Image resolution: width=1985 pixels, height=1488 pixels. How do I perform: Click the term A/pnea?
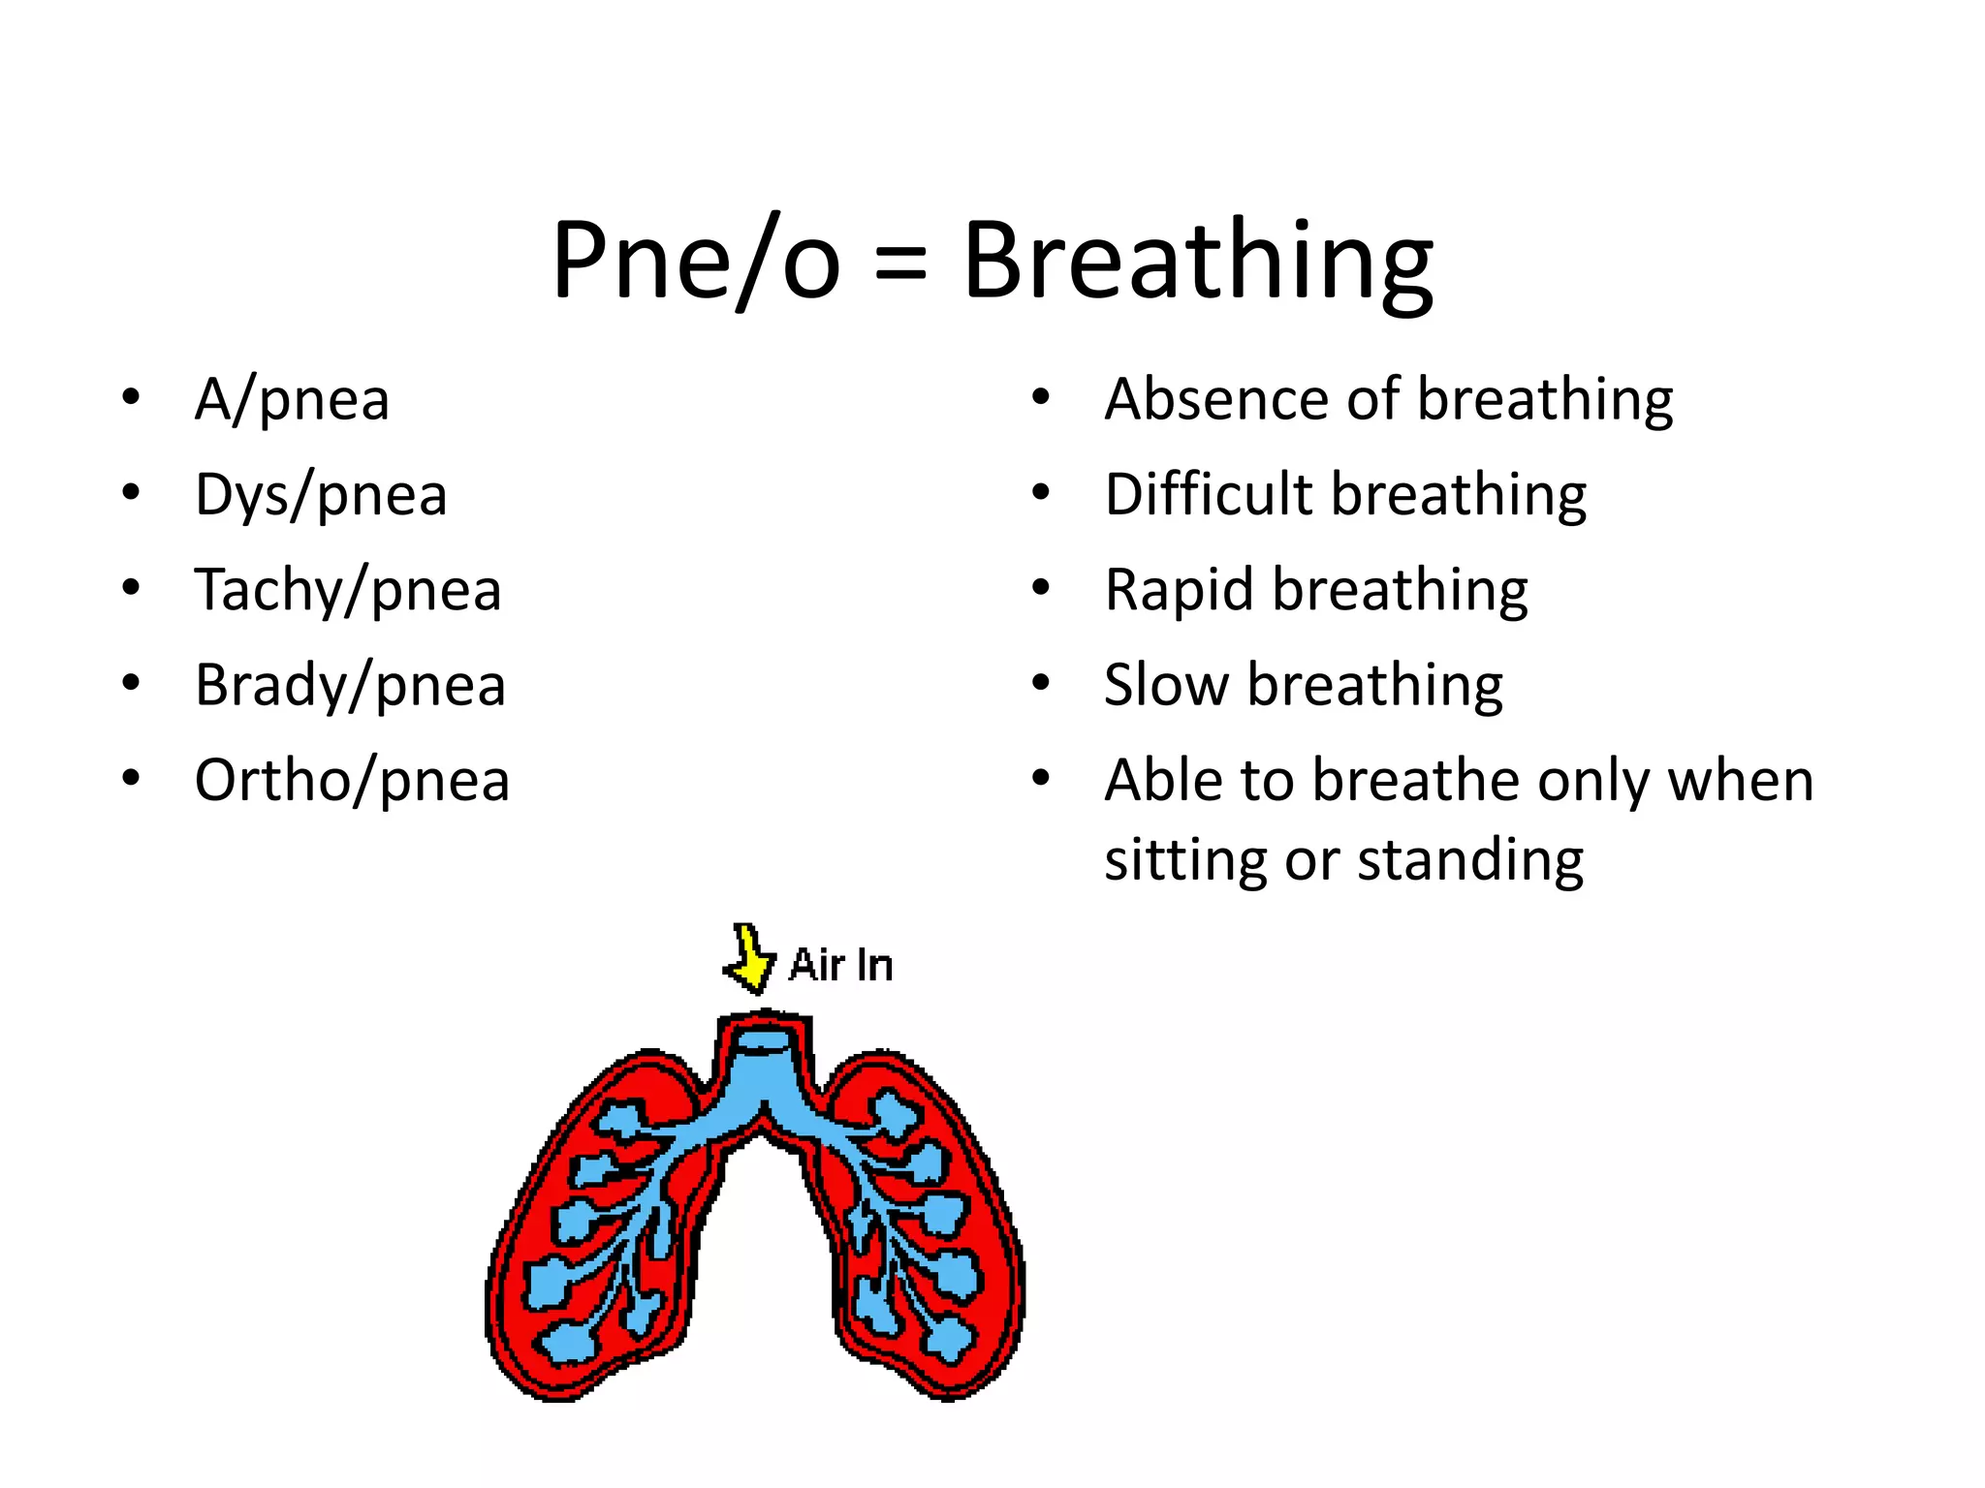point(292,399)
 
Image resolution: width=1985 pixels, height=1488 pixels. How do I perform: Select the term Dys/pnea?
point(321,495)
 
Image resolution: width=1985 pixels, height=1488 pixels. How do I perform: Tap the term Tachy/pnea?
point(348,590)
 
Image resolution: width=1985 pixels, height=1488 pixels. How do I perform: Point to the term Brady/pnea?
point(350,685)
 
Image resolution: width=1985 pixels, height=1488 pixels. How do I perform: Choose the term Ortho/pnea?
point(352,780)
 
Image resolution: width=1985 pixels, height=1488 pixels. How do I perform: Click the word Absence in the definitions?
point(1215,399)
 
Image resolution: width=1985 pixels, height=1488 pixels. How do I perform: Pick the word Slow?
point(1166,685)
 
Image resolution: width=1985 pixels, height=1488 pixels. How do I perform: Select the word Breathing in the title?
point(1197,261)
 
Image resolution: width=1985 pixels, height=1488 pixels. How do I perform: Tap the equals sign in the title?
point(900,263)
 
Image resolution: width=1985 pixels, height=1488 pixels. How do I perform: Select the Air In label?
point(840,965)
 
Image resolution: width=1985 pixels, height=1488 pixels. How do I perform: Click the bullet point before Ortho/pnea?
point(132,778)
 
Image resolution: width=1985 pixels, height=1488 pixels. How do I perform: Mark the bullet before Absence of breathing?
point(1041,397)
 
